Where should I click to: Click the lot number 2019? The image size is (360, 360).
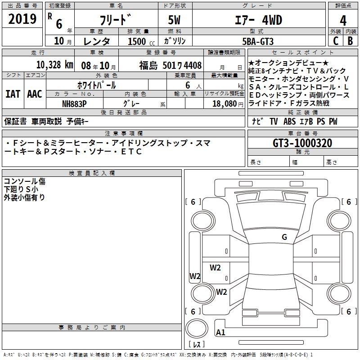(x=22, y=19)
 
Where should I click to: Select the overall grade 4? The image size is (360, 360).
(x=343, y=21)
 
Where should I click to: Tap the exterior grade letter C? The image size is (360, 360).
(x=336, y=41)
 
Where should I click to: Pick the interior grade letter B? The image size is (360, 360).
(x=350, y=41)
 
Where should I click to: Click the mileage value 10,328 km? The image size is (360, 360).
(x=54, y=65)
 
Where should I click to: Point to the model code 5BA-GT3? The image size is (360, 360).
(x=258, y=41)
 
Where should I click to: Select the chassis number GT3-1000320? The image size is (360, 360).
(x=302, y=143)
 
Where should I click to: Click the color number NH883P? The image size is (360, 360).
(x=74, y=104)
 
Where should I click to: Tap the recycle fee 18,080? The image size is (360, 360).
(x=224, y=104)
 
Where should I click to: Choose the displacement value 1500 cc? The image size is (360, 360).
(x=141, y=41)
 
